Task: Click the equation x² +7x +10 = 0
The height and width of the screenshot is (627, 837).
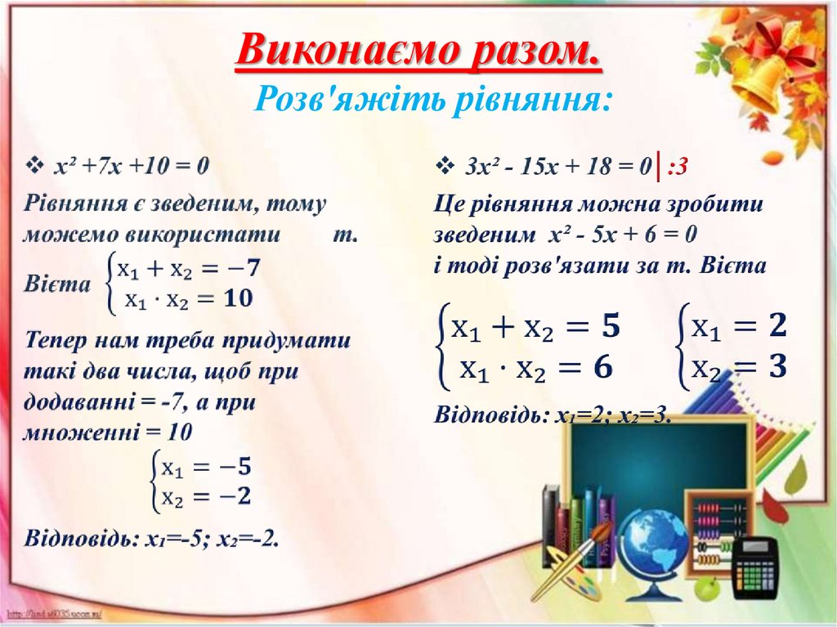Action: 131,166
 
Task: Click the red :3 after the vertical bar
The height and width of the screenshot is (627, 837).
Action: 677,168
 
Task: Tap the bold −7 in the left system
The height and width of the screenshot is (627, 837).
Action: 243,268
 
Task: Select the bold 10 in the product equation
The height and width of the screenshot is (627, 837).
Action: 238,299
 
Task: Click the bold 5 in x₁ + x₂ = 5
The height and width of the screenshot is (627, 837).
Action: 610,329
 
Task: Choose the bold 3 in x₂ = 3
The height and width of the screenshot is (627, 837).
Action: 776,368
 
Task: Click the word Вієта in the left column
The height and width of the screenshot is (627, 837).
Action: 56,285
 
